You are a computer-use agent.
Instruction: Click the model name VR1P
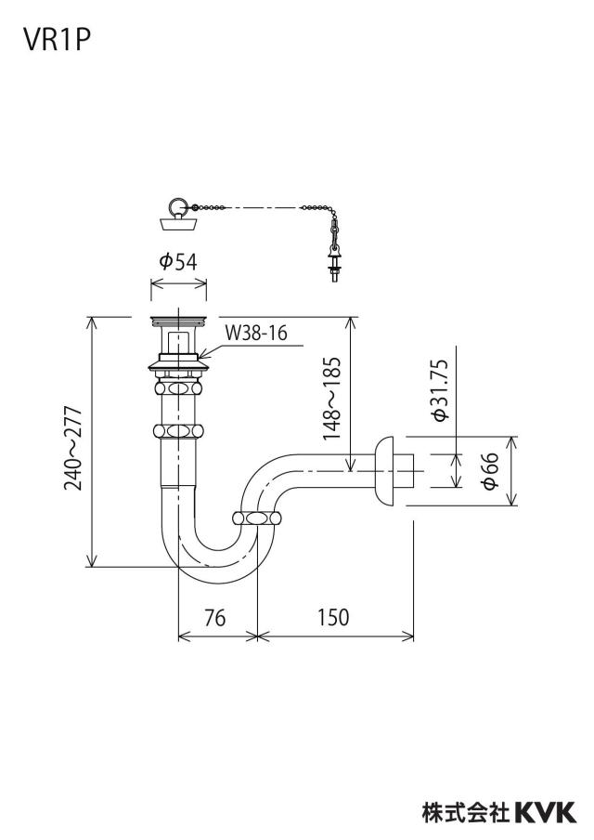pyautogui.click(x=57, y=39)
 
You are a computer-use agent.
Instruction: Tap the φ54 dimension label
pyautogui.click(x=178, y=261)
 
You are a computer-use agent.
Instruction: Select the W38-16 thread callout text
pyautogui.click(x=256, y=333)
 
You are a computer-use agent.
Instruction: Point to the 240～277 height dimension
pyautogui.click(x=73, y=449)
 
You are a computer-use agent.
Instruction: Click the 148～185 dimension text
pyautogui.click(x=331, y=398)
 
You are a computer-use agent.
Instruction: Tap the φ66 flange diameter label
pyautogui.click(x=490, y=470)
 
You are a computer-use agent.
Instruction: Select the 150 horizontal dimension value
pyautogui.click(x=333, y=617)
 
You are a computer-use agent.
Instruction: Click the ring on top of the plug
pyautogui.click(x=176, y=205)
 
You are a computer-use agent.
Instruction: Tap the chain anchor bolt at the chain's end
pyautogui.click(x=335, y=265)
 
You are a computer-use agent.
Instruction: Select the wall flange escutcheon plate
pyautogui.click(x=385, y=471)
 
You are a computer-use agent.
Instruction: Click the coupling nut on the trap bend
pyautogui.click(x=257, y=518)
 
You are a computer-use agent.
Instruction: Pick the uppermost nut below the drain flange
pyautogui.click(x=178, y=387)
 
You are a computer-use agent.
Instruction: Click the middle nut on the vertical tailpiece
pyautogui.click(x=178, y=431)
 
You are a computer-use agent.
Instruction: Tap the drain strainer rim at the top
pyautogui.click(x=178, y=321)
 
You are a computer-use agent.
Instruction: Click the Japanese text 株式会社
pyautogui.click(x=466, y=812)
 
